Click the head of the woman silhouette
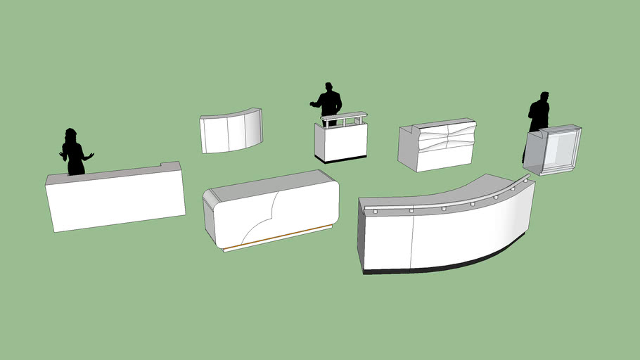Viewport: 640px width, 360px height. coord(70,134)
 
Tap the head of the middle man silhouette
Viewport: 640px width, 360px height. coord(328,87)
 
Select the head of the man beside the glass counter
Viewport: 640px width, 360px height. coord(544,96)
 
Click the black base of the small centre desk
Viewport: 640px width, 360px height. coord(342,158)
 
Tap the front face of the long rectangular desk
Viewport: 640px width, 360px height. coord(116,200)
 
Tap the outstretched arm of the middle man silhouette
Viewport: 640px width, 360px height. coord(315,105)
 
